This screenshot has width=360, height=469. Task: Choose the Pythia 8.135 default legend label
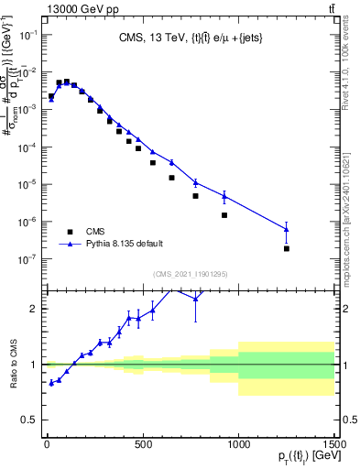(x=125, y=244)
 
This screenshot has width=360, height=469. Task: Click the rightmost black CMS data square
(x=287, y=248)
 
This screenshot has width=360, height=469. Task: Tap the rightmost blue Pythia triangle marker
(x=287, y=229)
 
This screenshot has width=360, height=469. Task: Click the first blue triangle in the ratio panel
(x=51, y=383)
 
